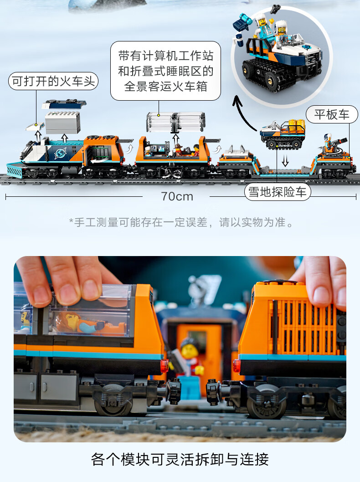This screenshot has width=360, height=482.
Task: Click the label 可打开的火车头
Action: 53,82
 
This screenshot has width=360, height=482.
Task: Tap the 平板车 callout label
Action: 332,115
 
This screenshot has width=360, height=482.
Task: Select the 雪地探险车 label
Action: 278,192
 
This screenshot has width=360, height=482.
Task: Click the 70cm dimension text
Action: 177,196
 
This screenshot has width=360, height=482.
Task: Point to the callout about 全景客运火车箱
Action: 165,71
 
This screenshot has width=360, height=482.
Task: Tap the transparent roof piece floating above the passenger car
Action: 176,122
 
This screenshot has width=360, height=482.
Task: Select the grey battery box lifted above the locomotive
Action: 63,123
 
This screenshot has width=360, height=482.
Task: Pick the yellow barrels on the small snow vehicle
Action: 297,125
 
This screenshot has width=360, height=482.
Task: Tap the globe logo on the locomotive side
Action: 60,153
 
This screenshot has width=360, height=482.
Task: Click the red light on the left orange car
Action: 164,365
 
